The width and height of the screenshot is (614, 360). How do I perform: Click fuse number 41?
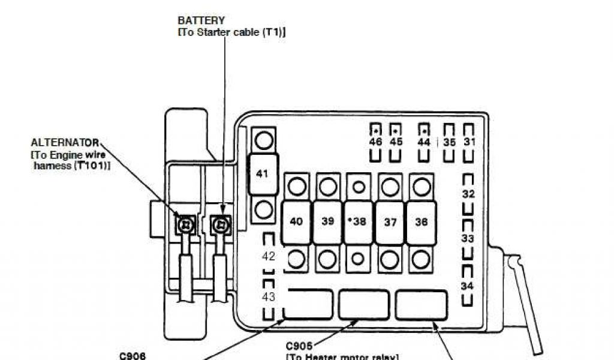[263, 174]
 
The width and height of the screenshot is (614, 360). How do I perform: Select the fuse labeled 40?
[296, 221]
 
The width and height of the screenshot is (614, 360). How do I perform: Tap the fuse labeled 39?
[327, 221]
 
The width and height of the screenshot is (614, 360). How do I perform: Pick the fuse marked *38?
[359, 221]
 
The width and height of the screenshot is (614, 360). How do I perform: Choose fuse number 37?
[390, 222]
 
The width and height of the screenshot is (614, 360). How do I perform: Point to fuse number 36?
[422, 221]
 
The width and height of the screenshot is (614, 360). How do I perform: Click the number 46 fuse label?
[375, 142]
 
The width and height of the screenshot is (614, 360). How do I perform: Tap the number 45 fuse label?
[396, 142]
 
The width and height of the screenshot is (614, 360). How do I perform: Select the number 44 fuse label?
[424, 142]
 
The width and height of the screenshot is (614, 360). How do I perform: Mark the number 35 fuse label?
[450, 142]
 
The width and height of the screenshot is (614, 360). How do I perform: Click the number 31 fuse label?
[469, 142]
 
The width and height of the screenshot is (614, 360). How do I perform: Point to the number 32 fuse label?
[468, 194]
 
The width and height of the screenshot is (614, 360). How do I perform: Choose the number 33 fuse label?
[468, 238]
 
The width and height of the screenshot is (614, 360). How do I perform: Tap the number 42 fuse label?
[269, 256]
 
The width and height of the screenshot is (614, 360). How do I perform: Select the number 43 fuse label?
[269, 296]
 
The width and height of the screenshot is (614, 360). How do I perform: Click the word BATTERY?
[201, 20]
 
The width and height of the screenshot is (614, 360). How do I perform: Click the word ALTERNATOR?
[65, 143]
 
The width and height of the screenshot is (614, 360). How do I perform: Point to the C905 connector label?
[299, 346]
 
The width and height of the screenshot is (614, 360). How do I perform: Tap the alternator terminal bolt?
[186, 225]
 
